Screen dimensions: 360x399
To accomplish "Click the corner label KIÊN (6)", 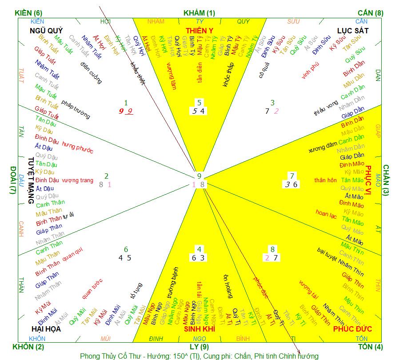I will coord(28,13).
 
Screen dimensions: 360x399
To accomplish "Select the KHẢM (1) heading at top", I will coord(199,13).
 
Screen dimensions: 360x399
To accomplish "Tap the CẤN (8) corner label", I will coord(370,13).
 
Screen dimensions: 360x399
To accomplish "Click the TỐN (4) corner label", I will coord(369,347).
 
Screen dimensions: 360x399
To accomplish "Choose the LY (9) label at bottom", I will coord(199,347).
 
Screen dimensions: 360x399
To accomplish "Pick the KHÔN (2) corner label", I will coord(28,347).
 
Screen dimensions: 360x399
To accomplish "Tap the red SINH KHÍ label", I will coord(199,329).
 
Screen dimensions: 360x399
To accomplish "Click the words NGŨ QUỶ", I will coord(46,31).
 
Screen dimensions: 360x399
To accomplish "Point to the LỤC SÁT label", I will coord(353,31).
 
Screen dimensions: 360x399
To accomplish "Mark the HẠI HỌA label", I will coord(46,329).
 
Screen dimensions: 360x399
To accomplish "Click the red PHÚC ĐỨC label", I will coord(353,329).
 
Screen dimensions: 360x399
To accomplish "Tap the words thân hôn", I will coord(326,180).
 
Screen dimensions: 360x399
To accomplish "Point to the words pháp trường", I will coord(76,110).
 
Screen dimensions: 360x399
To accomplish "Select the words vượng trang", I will coord(78,180).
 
